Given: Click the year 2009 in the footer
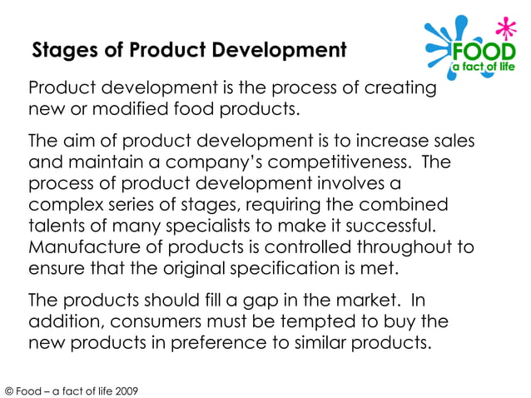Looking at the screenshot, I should pos(126,391).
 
